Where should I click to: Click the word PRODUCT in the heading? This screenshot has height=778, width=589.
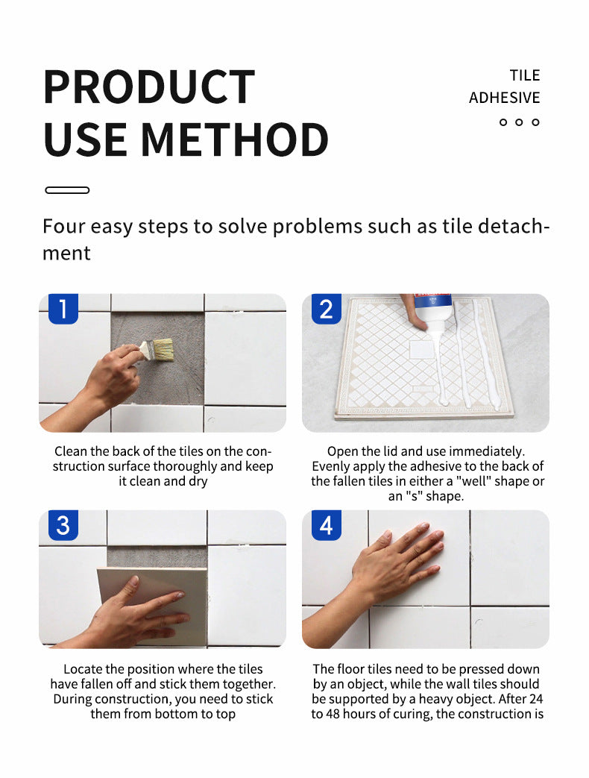pos(148,87)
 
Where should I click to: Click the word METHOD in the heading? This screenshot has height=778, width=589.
pos(235,139)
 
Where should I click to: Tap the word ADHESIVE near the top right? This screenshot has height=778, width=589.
pos(504,98)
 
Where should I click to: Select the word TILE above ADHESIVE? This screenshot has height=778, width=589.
pos(525,75)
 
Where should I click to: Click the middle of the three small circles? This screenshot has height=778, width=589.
pos(519,122)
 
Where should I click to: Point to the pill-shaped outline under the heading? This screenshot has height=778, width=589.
pos(67,190)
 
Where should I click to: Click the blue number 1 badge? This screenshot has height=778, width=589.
pos(63,309)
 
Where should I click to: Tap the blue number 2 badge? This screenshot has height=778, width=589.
pos(327,309)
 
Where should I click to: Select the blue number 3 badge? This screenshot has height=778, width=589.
pos(63,525)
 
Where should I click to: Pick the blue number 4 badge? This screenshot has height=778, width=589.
pos(327,525)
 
